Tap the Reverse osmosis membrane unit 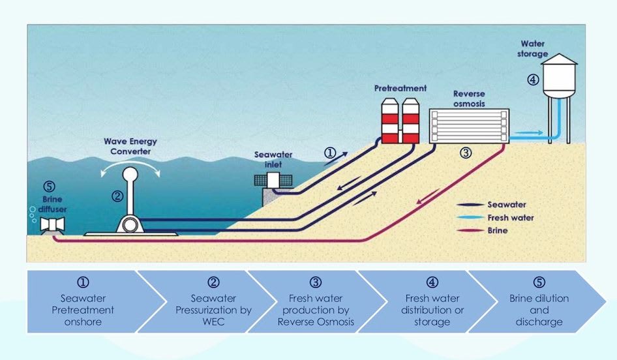[469, 125]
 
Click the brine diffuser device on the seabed [50, 226]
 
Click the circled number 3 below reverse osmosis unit [465, 154]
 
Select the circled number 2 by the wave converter [117, 194]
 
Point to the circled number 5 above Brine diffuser [46, 185]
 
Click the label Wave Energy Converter [130, 146]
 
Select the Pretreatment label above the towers [400, 87]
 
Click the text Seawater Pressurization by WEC [213, 310]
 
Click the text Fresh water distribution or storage [432, 310]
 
